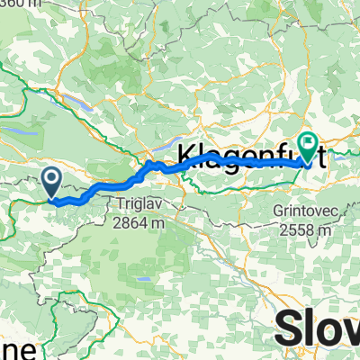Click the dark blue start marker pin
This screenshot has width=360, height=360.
[51, 182]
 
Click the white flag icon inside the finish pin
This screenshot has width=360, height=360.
[309, 141]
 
